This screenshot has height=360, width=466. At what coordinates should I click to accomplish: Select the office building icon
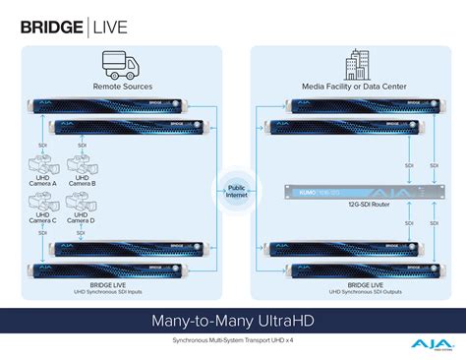coord(355,67)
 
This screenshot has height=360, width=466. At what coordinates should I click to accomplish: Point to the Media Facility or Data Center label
coord(355,88)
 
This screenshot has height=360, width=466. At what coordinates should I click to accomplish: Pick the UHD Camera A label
coord(47,182)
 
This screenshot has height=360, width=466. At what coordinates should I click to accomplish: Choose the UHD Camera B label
coord(85,182)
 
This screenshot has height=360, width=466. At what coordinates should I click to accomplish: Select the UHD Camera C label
coord(47,223)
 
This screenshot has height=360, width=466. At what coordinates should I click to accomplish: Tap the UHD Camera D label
coord(85,223)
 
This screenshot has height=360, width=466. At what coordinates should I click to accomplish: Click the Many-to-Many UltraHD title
coord(232,322)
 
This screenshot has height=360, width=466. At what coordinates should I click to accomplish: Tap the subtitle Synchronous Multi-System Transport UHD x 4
coord(232,339)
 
